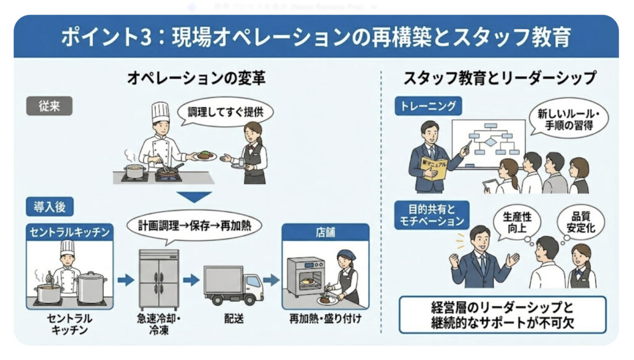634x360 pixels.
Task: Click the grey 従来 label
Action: click(49, 106)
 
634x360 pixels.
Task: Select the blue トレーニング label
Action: click(428, 106)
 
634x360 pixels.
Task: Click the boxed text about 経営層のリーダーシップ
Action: click(502, 315)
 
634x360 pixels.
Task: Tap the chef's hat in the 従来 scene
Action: click(160, 112)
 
